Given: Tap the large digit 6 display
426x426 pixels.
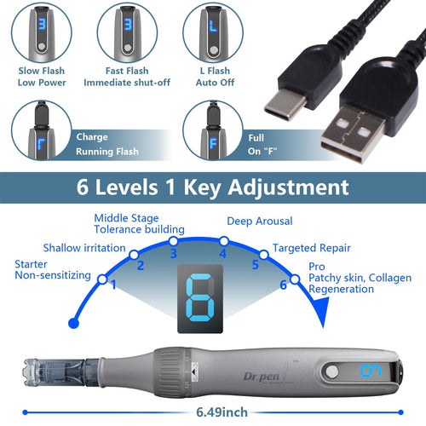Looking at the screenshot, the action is (200, 298).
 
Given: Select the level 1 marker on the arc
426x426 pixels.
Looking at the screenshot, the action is (102, 279).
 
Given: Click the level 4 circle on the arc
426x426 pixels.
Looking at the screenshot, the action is (224, 241).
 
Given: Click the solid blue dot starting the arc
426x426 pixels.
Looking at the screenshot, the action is (74, 323).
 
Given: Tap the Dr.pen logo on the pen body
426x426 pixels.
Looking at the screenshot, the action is (262, 377).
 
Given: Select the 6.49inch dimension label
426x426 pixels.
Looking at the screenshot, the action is (222, 412).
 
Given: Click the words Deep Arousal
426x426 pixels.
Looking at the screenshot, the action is (260, 221).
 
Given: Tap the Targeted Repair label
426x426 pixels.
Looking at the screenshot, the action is (312, 248).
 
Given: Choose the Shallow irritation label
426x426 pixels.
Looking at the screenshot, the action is (84, 248).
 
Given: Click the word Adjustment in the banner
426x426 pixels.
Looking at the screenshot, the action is (289, 187).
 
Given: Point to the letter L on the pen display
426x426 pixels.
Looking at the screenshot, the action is (213, 26).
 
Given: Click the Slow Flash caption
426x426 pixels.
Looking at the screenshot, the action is (42, 71).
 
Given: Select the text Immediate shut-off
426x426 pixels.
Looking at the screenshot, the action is (127, 83).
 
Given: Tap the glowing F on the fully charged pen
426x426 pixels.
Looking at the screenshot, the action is (213, 144).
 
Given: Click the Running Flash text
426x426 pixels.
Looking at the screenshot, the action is (107, 152).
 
